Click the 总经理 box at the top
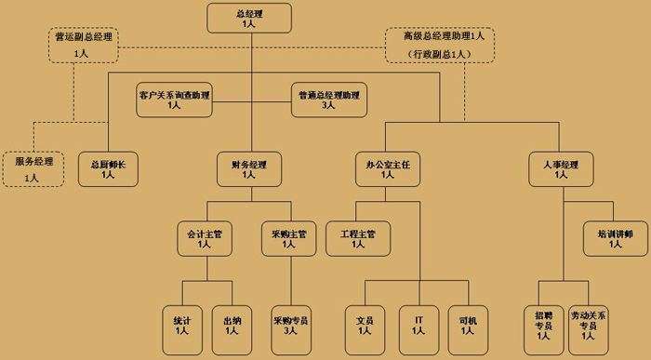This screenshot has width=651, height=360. click(x=249, y=18)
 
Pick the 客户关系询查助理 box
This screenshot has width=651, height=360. click(x=174, y=100)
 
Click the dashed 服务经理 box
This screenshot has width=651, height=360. click(x=33, y=168)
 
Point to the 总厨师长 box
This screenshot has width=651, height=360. click(x=108, y=168)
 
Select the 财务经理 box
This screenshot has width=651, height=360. click(x=248, y=168)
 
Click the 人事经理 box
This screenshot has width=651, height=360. click(x=561, y=168)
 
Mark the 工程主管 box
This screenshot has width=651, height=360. click(x=357, y=237)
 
